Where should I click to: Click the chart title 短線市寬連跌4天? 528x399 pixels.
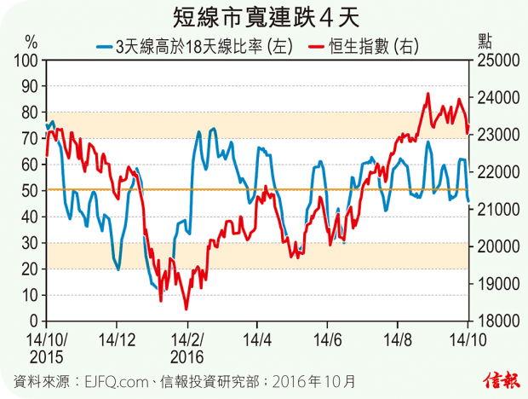click(264, 16)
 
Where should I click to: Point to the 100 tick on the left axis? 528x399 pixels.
click(29, 60)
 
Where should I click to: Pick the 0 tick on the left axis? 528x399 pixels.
click(36, 321)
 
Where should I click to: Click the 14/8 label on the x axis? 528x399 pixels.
click(398, 338)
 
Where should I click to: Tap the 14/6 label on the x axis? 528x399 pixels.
click(332, 338)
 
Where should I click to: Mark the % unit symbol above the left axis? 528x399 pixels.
click(32, 40)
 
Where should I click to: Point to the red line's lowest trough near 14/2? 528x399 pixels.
click(186, 309)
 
